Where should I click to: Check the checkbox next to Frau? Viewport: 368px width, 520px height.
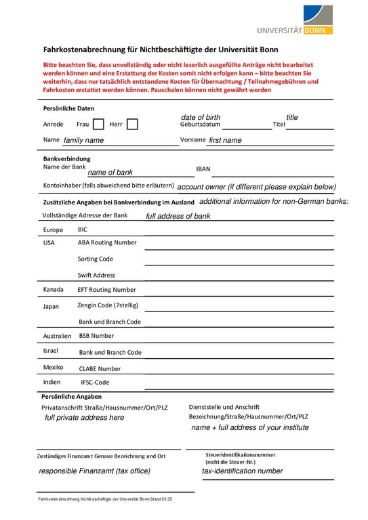98,124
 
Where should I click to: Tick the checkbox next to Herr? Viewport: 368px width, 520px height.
132,124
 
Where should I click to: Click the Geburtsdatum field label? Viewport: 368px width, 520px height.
200,125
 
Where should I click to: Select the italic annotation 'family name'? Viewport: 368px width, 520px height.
83,140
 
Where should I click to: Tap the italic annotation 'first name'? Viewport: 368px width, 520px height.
225,140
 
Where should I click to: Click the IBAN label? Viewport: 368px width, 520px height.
203,169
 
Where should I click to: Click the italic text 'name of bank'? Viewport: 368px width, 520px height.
110,173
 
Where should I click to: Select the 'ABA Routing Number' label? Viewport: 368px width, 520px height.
107,242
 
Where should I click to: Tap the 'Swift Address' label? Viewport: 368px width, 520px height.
96,275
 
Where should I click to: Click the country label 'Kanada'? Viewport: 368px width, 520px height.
54,289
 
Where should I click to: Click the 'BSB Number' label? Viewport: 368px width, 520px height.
96,335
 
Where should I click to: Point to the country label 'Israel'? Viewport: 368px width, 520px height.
51,351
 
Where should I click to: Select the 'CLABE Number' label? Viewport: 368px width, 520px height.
100,369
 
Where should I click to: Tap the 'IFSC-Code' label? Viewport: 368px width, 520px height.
95,382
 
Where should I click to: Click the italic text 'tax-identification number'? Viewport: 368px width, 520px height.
242,471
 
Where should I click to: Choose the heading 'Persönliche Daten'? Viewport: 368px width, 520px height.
69,108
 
